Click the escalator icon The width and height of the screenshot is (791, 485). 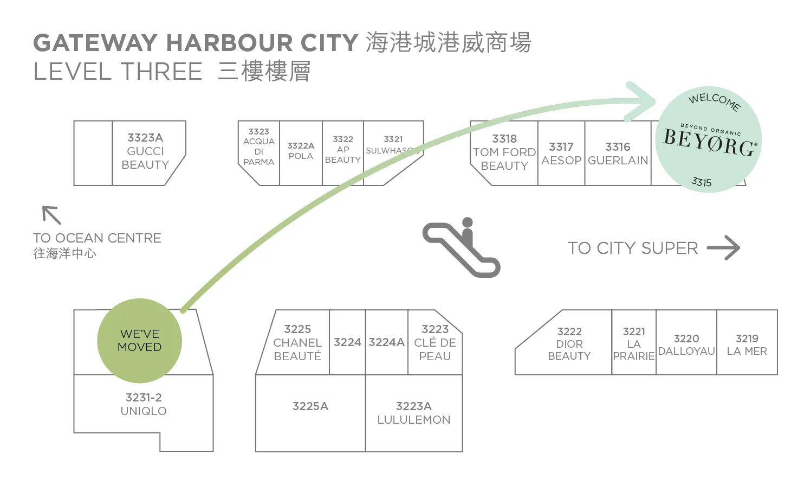(462, 248)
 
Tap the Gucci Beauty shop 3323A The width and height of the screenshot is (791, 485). (145, 151)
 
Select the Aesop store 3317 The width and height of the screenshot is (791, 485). (561, 154)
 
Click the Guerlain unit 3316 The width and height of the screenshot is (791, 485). (618, 154)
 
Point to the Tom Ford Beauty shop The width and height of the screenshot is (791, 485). (504, 152)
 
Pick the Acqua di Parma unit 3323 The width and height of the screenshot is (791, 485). (258, 147)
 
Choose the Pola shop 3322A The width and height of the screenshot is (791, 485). (301, 151)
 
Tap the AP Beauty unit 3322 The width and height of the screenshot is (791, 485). (342, 150)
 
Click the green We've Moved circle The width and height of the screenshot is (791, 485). (139, 340)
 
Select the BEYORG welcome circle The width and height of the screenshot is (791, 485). (709, 140)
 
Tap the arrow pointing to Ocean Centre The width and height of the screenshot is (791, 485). (51, 215)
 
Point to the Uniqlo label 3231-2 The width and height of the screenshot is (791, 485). (144, 404)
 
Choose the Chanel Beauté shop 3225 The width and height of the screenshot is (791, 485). (297, 342)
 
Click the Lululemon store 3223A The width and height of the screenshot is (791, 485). (413, 413)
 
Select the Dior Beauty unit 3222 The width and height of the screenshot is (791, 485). (569, 343)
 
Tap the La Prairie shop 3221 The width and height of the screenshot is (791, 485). (633, 343)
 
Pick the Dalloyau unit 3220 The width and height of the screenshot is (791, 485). (686, 344)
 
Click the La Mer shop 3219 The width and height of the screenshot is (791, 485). (747, 344)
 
